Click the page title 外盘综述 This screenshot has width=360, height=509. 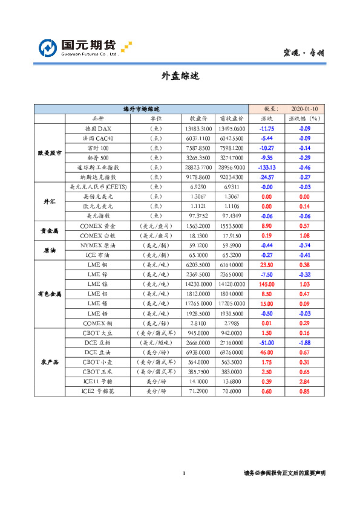[180, 77]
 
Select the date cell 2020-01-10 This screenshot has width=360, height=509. [304, 109]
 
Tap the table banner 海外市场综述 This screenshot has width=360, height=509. [141, 109]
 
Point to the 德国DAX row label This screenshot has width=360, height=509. [97, 129]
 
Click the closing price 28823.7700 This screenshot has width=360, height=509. [198, 167]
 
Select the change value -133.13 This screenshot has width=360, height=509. [267, 167]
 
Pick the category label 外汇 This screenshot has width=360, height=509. [50, 201]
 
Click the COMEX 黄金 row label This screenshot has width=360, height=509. [97, 225]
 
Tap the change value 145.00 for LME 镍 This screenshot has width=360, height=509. [267, 284]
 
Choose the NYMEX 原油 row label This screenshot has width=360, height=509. [97, 246]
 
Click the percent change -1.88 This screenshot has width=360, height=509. [304, 342]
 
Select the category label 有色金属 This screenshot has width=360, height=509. [50, 293]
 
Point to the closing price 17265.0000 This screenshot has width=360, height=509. [198, 303]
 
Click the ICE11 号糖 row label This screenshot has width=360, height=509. [97, 381]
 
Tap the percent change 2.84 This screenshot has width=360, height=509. [304, 381]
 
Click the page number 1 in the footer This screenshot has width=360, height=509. [183, 473]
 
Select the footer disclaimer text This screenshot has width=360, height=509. [284, 473]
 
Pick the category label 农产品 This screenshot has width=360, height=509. [50, 361]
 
